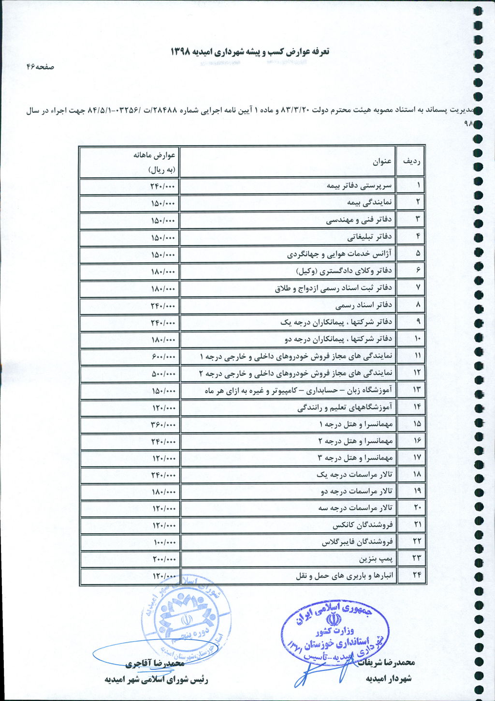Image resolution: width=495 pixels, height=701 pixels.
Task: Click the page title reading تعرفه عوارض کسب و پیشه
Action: click(x=249, y=51)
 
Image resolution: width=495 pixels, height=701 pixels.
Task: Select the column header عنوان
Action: click(x=382, y=162)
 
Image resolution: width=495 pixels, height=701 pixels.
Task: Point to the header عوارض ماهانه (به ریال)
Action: click(x=155, y=162)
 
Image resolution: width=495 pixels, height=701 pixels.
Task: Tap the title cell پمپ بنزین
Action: click(x=376, y=559)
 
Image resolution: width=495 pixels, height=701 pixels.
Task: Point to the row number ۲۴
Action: click(x=416, y=576)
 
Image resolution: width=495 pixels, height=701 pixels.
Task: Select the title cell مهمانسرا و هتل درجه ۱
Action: click(x=356, y=424)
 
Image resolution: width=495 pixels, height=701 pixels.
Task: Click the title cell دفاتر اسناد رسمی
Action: click(x=364, y=305)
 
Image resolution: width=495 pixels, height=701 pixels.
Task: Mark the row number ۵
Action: click(x=418, y=254)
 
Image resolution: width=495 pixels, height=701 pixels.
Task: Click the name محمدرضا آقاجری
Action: click(x=152, y=663)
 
